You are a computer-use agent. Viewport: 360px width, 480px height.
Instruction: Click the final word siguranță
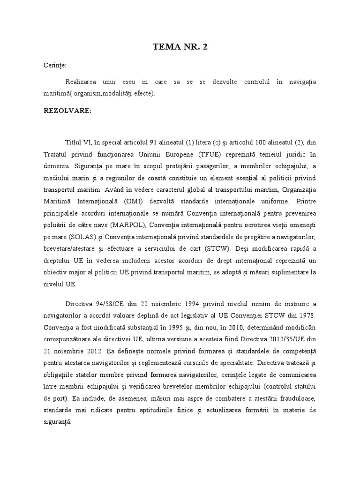(x=56, y=422)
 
